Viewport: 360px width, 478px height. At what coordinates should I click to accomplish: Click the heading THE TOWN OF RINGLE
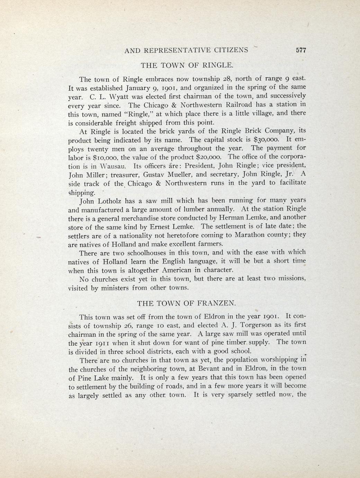click(187, 65)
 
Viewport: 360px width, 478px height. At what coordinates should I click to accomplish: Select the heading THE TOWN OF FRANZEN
click(187, 303)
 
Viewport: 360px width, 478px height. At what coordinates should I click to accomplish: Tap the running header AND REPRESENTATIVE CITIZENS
click(186, 50)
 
